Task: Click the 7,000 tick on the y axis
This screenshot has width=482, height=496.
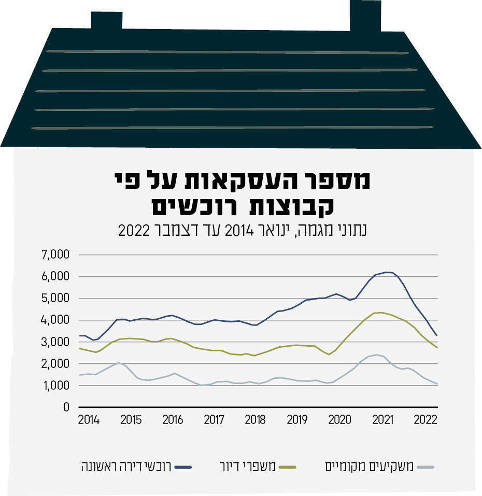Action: (55, 255)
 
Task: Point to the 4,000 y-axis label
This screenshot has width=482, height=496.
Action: (55, 320)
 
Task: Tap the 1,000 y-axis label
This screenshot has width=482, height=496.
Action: (55, 386)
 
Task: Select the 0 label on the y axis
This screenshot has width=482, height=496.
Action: (66, 407)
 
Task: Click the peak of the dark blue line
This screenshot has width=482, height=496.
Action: (386, 272)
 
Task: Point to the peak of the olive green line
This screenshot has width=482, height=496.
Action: (381, 312)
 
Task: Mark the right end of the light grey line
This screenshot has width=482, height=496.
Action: (437, 384)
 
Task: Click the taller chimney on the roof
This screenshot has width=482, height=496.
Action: (365, 16)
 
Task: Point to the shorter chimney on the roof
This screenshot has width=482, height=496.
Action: (107, 20)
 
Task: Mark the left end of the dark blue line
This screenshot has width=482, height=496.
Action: (79, 336)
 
